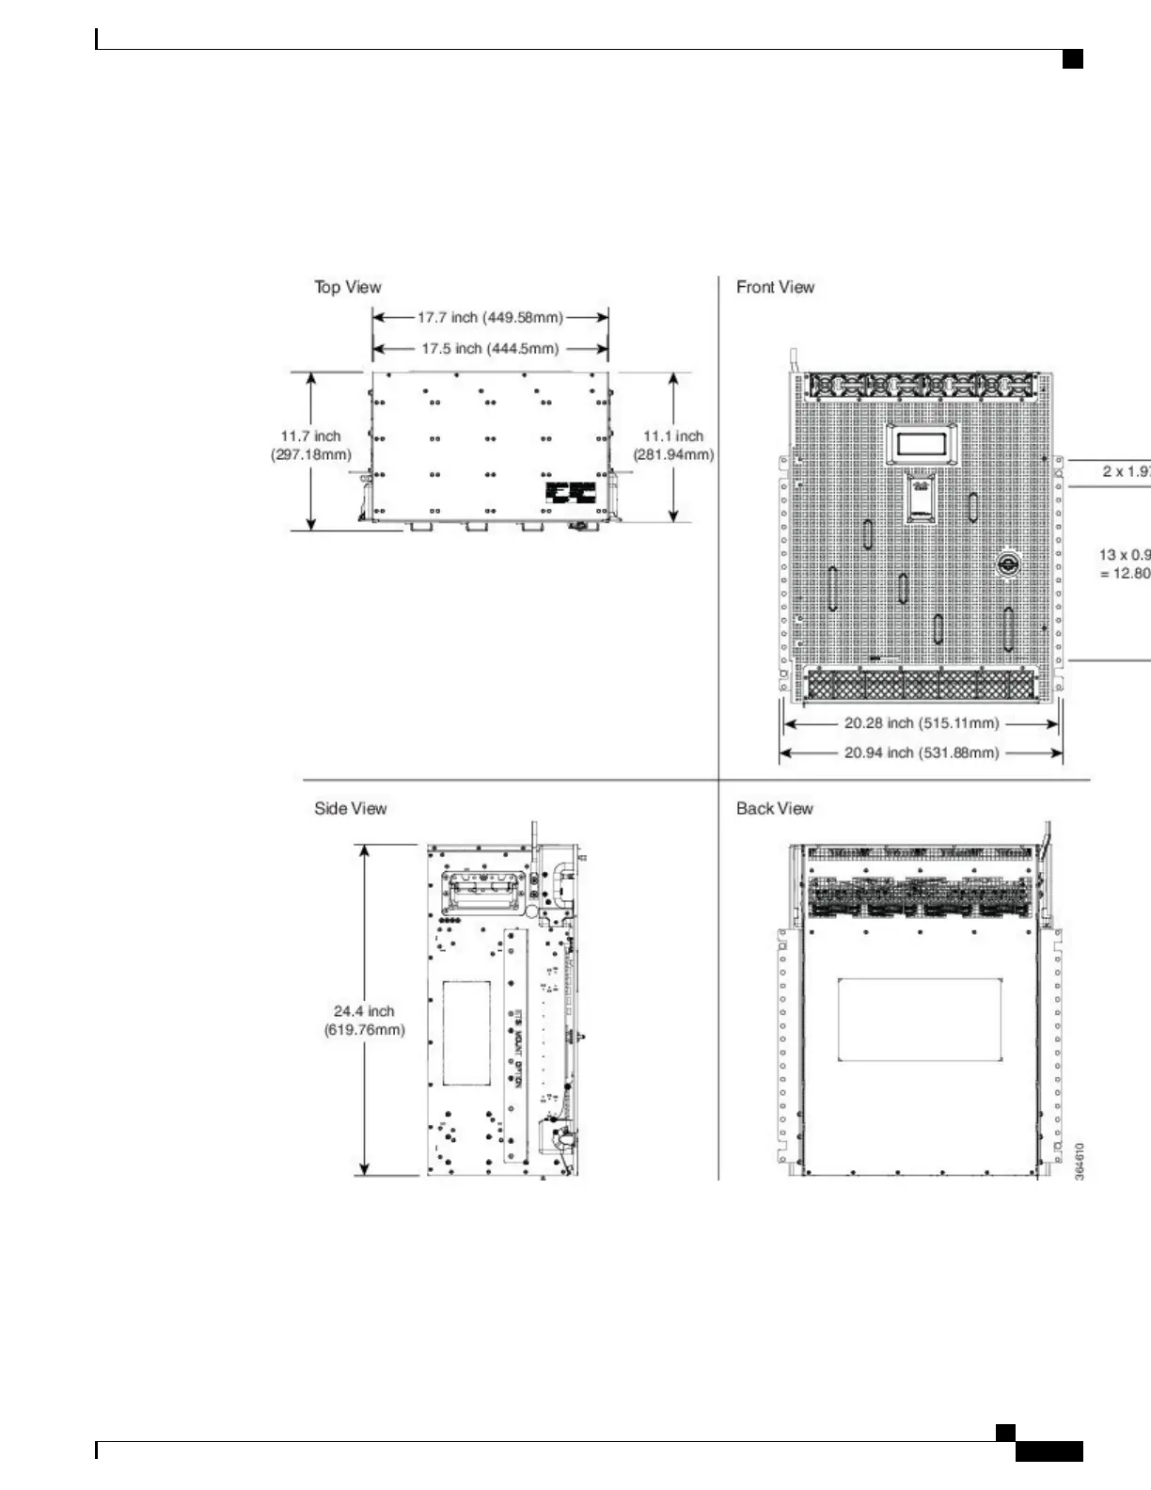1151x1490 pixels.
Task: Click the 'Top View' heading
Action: click(348, 287)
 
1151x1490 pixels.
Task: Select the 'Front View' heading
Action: click(775, 287)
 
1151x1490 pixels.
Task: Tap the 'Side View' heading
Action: click(350, 808)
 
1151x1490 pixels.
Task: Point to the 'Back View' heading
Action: click(774, 808)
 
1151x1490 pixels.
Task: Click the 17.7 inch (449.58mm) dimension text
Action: click(490, 318)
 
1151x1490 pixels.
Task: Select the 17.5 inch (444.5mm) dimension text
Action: click(490, 349)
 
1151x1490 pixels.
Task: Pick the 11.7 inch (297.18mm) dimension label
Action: click(310, 445)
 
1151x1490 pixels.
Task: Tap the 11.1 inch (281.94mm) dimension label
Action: click(673, 445)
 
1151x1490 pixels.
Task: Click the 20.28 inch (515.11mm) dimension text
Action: click(921, 723)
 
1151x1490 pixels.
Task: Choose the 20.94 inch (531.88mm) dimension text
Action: click(921, 753)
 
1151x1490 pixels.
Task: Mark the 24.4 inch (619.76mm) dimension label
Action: click(364, 1020)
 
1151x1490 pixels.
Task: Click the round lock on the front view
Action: click(1006, 563)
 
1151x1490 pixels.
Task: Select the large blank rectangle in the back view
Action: click(919, 1019)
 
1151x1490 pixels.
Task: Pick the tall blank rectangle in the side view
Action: click(466, 1033)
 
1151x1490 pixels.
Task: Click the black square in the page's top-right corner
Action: click(1072, 59)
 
